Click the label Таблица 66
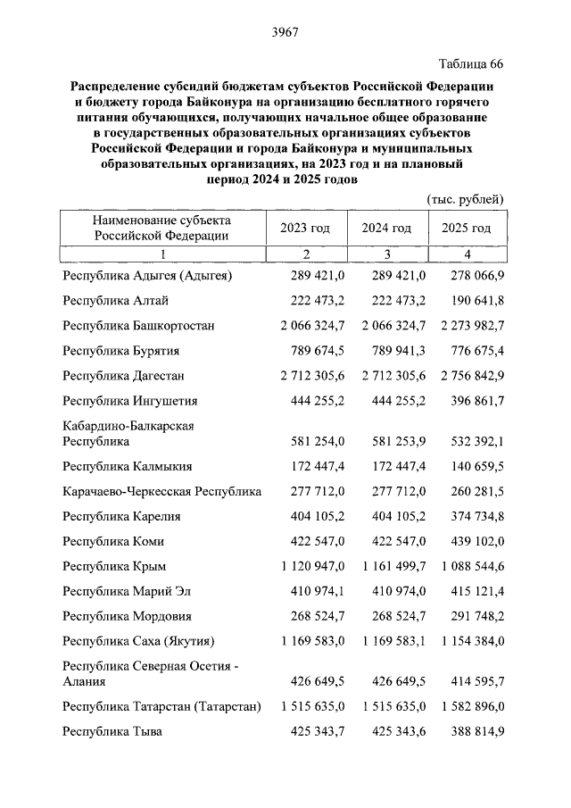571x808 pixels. tap(472, 64)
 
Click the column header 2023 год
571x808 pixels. tap(305, 229)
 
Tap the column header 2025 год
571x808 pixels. tap(466, 229)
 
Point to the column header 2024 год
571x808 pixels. tap(385, 229)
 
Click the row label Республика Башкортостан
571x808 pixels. tap(138, 326)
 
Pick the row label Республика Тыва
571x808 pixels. tap(112, 731)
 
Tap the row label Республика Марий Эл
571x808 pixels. tap(126, 591)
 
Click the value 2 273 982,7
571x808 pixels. tap(466, 326)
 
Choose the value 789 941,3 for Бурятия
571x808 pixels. tap(393, 351)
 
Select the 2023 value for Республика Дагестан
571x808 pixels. tap(306, 376)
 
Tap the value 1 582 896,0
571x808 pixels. tap(466, 706)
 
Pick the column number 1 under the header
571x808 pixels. tap(162, 254)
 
